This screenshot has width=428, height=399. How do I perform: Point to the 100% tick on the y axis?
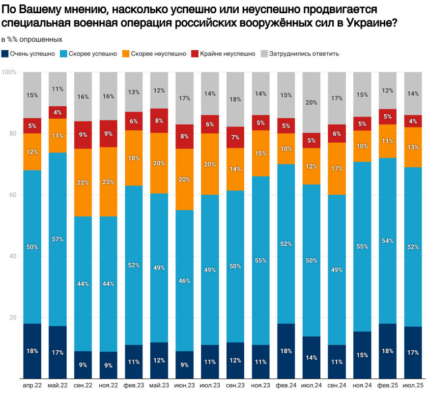[x=9, y=72]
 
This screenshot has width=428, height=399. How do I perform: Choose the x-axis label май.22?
[x=57, y=384]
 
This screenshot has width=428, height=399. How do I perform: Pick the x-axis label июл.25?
[x=413, y=384]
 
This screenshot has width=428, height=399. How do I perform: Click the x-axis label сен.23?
[x=235, y=384]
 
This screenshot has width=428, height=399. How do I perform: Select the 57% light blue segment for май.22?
[x=57, y=239]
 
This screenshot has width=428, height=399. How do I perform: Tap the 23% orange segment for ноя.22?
[x=108, y=182]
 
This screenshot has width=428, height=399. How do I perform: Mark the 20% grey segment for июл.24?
[x=312, y=102]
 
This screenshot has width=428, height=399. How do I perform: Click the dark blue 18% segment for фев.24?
[x=286, y=351]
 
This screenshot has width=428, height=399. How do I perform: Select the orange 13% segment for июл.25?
[x=413, y=147]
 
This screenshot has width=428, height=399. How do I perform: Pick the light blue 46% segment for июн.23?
[x=184, y=280]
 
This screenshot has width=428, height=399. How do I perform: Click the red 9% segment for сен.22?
[x=83, y=135]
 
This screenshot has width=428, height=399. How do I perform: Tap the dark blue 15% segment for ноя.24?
[x=362, y=355]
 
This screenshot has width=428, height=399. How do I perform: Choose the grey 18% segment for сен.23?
[x=235, y=99]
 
